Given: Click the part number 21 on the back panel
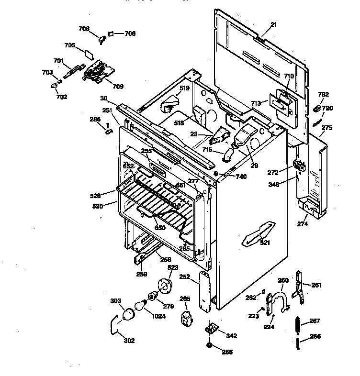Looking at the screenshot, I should (273, 24).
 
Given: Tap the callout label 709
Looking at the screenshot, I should (118, 87).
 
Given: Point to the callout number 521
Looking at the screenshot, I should (265, 243).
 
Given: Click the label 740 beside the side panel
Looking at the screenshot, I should (241, 177).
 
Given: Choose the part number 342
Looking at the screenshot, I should (231, 336).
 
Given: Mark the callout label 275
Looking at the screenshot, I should (327, 128).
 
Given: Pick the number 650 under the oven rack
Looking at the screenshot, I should (160, 228).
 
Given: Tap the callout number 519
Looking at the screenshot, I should (185, 88).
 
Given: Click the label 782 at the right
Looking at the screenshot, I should (324, 94).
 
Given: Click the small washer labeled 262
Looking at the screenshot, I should (264, 292).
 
